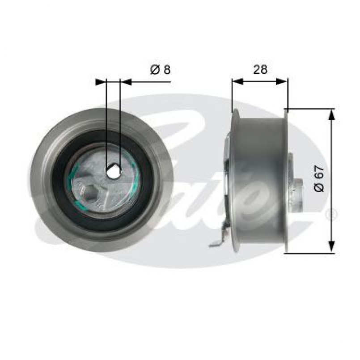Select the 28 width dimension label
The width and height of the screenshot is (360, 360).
click(x=260, y=69)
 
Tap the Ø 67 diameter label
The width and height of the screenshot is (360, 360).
click(x=319, y=179)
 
